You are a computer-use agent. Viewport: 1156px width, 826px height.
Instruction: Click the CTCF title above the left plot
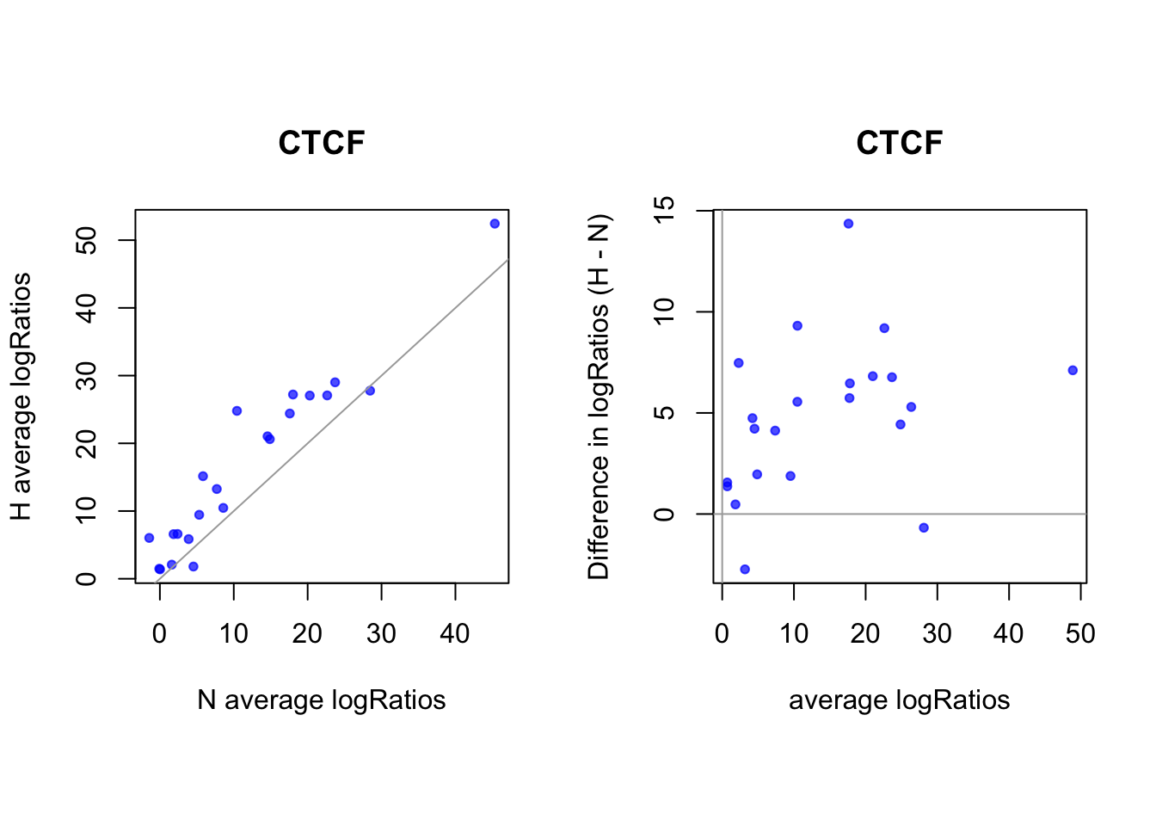tap(322, 143)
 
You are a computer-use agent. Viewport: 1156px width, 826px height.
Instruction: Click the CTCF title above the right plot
tap(900, 143)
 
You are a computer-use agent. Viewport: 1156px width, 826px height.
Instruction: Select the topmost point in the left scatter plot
tap(495, 224)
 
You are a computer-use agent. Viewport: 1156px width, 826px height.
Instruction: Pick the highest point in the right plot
tap(848, 224)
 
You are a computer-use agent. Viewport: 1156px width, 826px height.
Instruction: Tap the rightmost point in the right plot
tap(1073, 370)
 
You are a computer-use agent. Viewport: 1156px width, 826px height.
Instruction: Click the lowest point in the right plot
tap(745, 569)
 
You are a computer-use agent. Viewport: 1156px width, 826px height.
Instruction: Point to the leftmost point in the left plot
tap(149, 538)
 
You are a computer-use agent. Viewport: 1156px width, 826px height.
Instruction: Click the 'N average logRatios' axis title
tap(321, 700)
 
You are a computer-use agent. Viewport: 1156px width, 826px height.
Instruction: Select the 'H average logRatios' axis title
tap(22, 397)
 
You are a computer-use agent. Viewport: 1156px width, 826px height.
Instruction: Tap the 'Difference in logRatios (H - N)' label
tap(600, 397)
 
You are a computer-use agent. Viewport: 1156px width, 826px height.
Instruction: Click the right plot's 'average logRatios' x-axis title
tap(899, 700)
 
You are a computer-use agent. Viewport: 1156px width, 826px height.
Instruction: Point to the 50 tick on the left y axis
tap(87, 240)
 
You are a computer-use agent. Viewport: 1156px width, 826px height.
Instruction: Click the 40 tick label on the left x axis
tap(455, 633)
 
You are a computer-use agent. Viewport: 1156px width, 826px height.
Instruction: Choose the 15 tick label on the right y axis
tap(665, 210)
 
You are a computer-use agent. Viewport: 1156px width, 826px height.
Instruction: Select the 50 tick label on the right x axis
tap(1080, 633)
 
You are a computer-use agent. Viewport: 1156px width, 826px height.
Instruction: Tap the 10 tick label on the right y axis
tap(665, 311)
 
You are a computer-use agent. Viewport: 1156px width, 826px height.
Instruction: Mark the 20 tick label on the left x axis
tap(307, 633)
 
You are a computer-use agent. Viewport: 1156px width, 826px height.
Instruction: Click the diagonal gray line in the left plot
tap(332, 421)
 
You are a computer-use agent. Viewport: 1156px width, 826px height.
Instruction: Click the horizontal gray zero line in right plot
tap(900, 514)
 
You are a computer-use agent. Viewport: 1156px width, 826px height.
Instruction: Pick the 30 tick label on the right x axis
tap(937, 633)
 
